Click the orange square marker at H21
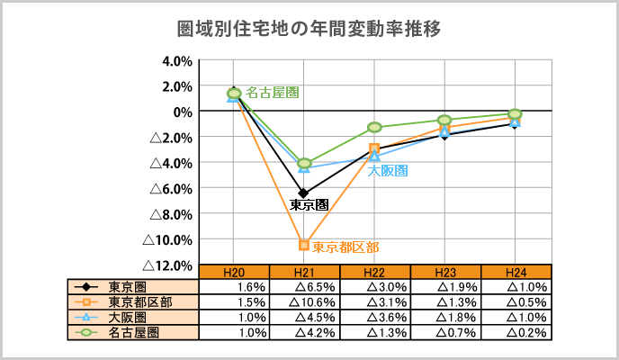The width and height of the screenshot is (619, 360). point(304,245)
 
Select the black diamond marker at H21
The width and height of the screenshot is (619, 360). point(304,193)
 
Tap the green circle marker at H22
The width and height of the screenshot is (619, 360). point(374,127)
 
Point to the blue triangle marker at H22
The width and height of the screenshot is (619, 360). point(374,156)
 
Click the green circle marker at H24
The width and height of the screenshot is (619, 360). point(515,114)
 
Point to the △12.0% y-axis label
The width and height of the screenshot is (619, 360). point(170,265)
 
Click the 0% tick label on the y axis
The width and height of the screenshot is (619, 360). point(183,112)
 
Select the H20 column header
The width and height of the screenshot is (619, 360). point(234,271)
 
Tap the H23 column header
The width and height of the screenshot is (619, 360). point(445,271)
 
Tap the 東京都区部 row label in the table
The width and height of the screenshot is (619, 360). point(133,301)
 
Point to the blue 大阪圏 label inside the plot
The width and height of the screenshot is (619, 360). point(389,170)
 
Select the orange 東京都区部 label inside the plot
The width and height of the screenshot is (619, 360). point(345,247)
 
